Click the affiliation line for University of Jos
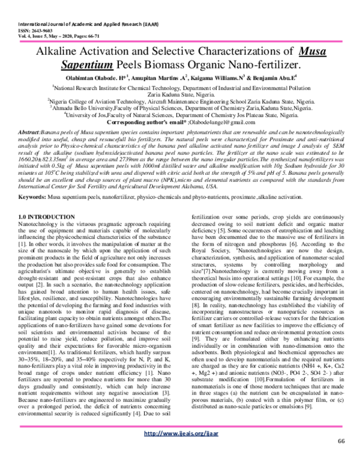pyautogui.click(x=180, y=115)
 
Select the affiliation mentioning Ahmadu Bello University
pyautogui.click(x=180, y=108)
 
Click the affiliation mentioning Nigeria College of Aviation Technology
pyautogui.click(x=180, y=101)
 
